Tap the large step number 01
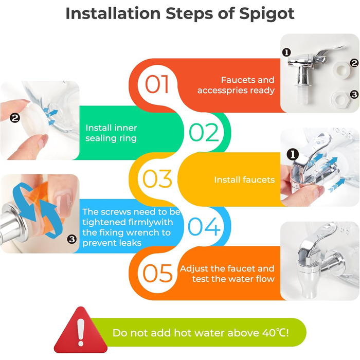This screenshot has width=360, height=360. [157, 84]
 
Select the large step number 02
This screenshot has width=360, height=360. [204, 132]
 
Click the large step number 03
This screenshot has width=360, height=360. [157, 179]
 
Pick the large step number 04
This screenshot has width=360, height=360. [204, 227]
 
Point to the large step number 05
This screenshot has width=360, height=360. [157, 273]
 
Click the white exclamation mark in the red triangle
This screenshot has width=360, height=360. [81, 332]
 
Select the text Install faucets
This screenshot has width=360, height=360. [244, 180]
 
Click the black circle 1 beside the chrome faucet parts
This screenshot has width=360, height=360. [286, 52]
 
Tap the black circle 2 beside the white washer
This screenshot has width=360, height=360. [354, 63]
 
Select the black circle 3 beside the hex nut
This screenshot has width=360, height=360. [354, 94]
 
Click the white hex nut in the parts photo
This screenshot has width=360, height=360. [340, 99]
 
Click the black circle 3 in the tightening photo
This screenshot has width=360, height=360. [71, 239]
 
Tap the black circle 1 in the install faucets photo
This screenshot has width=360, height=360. [293, 154]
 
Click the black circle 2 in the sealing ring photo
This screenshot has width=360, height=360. [15, 118]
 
